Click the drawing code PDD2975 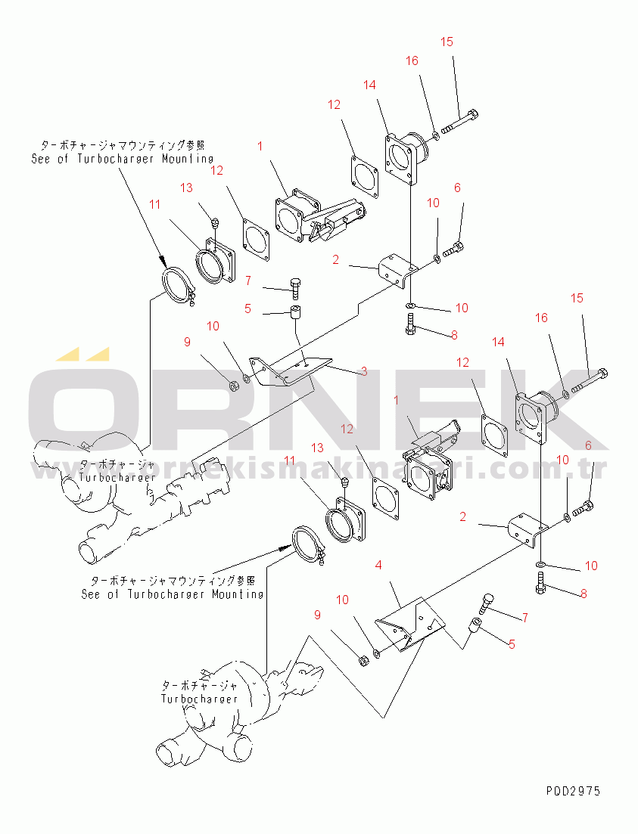[572, 791]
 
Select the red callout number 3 [363, 371]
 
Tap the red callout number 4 [378, 564]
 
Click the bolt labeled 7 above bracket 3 [295, 287]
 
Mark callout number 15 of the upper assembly [447, 42]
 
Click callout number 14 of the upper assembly [369, 85]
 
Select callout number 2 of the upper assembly [335, 259]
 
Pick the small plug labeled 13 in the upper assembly [215, 222]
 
